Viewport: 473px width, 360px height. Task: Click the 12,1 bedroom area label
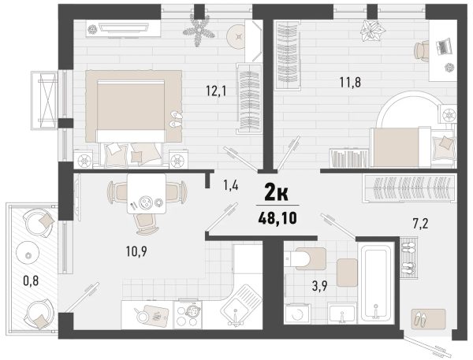point(216,90)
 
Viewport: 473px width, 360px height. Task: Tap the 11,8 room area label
point(350,82)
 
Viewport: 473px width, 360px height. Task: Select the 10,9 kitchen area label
point(136,251)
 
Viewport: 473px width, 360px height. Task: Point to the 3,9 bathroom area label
point(320,286)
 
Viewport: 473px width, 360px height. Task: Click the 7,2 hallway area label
point(420,224)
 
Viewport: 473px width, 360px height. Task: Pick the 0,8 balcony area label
point(31,280)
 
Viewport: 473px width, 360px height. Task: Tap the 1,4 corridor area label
point(231,185)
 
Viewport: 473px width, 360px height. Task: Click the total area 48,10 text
point(277,217)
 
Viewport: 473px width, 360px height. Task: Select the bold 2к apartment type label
point(277,193)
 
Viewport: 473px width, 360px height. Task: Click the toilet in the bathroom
point(305,258)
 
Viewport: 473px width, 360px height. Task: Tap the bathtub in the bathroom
point(376,282)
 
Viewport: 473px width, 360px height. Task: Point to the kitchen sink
point(241,305)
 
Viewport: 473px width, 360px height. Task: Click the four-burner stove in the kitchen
point(188,315)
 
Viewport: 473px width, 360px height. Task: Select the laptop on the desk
point(444,46)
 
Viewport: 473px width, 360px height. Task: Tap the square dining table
point(147,194)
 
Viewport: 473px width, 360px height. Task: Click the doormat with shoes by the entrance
point(428,319)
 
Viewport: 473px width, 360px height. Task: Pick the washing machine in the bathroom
point(297,314)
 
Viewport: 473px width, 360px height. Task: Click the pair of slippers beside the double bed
point(177,119)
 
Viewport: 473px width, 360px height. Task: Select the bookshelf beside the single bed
point(349,158)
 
